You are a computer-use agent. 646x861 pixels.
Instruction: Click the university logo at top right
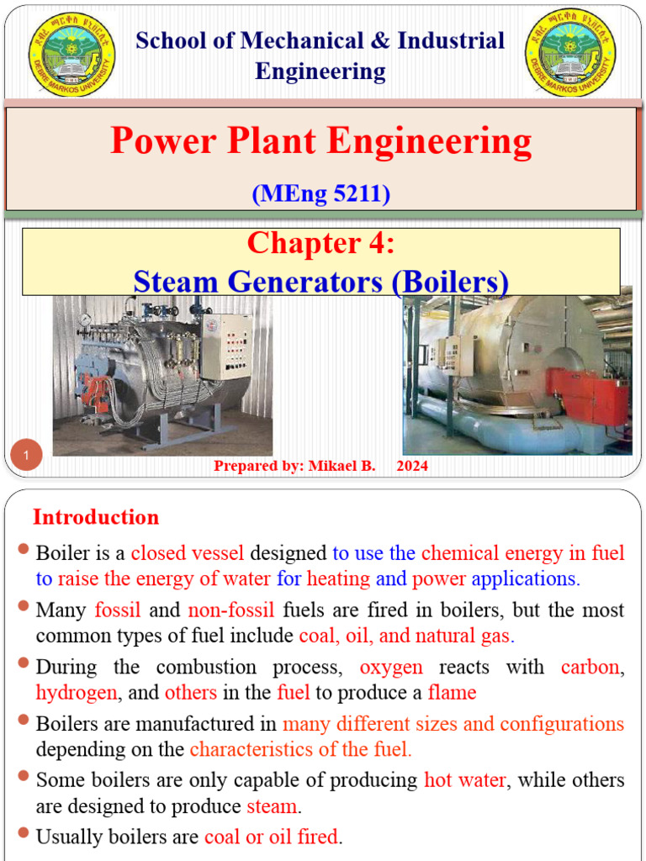(569, 53)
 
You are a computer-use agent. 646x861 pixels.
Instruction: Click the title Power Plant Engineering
(320, 141)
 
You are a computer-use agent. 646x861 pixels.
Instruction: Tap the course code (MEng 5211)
(320, 193)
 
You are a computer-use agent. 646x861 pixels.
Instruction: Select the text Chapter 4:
(320, 243)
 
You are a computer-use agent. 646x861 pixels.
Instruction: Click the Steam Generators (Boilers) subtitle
(320, 281)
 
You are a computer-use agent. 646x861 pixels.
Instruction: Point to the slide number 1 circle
(27, 456)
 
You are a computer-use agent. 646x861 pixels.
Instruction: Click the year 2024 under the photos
(412, 466)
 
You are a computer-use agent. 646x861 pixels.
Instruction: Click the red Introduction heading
(96, 517)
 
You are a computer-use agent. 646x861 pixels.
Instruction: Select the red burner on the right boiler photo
(588, 396)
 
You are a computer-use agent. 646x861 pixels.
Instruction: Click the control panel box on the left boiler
(225, 346)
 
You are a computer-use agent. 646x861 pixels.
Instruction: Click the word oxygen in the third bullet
(391, 668)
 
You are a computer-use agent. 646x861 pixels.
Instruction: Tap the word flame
(452, 693)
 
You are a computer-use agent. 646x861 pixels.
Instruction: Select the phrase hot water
(464, 780)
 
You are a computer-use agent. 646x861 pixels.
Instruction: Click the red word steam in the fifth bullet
(272, 806)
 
